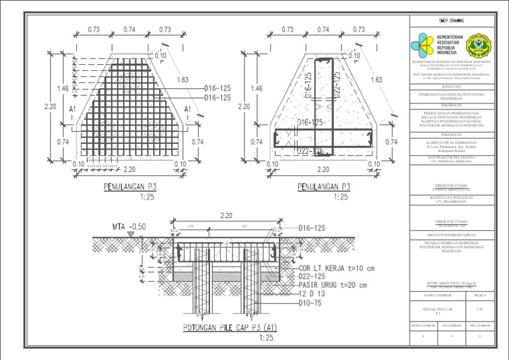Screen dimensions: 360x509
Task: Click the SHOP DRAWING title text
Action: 451,21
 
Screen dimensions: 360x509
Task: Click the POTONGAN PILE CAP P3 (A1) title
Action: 231,328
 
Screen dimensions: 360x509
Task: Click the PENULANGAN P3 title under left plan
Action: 136,187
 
